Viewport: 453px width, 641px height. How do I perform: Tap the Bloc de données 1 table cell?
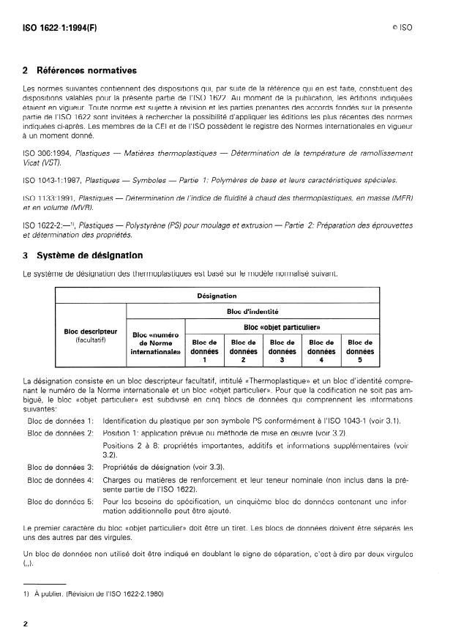point(205,350)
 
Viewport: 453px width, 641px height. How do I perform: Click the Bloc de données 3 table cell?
point(282,350)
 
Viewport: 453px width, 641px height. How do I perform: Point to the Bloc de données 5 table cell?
point(359,350)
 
